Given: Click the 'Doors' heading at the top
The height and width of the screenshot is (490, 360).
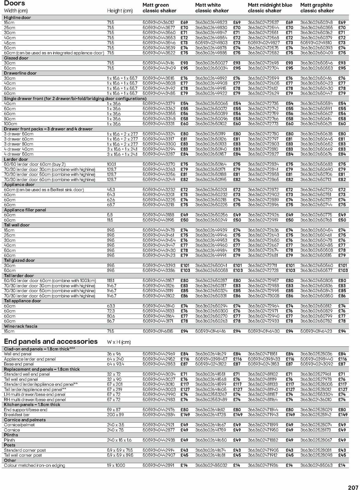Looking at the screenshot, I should coord(14,4).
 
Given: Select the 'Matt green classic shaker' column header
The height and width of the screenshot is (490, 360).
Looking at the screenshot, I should coord(159,8).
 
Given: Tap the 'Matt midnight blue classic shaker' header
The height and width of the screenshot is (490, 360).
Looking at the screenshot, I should coord(270,8).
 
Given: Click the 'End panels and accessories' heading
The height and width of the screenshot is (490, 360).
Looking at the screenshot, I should coord(51,341).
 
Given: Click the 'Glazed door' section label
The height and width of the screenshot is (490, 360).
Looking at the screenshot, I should coord(16,58).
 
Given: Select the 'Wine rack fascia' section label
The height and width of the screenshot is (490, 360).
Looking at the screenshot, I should coord(21,326).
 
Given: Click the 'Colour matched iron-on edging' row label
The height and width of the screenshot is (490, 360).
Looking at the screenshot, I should coord(34,465).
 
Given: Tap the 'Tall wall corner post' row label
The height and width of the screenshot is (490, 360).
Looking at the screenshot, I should coord(23,455).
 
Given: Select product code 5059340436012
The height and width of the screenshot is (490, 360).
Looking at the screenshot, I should coord(158,22).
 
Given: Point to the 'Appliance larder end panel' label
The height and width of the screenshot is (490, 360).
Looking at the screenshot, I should coord(30,359).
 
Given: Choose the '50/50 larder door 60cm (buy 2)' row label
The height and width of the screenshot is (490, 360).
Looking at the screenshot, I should coord(34,164).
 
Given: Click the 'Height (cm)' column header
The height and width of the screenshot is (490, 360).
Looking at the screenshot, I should coord(120,11).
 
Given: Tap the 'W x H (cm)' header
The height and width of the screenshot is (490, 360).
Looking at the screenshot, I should coord(119,342).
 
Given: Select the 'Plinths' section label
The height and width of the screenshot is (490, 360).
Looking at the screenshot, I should coord(11,435).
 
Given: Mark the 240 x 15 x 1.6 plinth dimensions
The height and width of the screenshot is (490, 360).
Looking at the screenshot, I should coord(119,440).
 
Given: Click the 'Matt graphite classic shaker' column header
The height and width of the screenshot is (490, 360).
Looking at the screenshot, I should coord(317,8).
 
